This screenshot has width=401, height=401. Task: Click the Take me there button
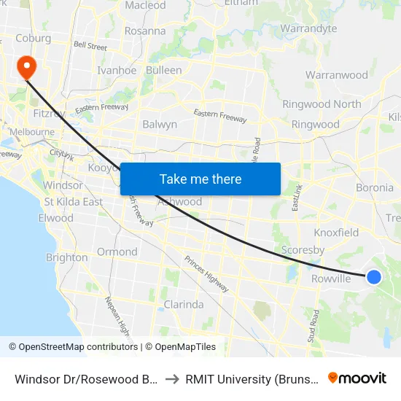pos(200,179)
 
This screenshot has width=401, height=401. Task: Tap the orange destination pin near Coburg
pos(27,67)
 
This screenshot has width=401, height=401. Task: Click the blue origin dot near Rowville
pos(373,276)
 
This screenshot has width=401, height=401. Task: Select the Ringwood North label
pos(322,104)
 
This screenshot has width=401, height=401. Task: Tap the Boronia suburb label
pos(374,187)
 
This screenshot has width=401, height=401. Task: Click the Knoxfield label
pos(336,233)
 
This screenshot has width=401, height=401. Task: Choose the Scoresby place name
pos(303,249)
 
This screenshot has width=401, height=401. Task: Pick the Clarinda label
pos(183,304)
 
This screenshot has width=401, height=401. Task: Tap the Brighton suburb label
pos(66,257)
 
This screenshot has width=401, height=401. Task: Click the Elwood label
pos(56,218)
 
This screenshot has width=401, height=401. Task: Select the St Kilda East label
pos(73,201)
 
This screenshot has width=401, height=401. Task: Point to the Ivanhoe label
pos(117,71)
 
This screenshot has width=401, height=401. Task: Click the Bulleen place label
pos(164,71)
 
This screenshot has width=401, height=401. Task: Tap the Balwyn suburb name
pos(160,124)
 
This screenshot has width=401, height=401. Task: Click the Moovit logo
pos(357,378)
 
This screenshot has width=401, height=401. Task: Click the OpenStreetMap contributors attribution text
pos(73,347)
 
